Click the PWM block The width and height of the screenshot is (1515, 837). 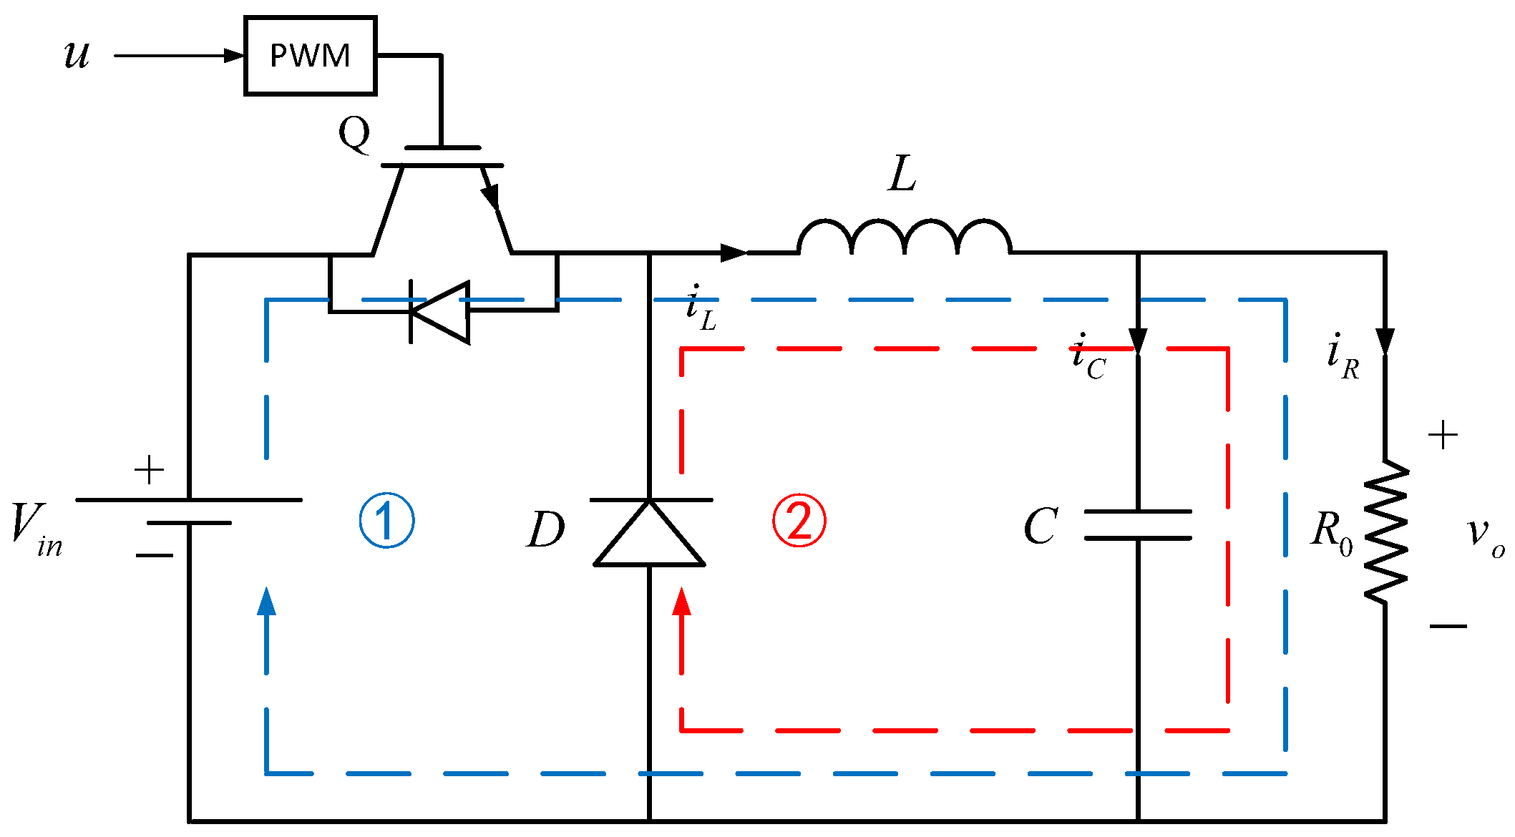click(x=310, y=56)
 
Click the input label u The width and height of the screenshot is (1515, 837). click(x=77, y=54)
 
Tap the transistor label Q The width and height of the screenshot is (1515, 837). click(x=354, y=133)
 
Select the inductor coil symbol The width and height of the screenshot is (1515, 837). click(x=904, y=238)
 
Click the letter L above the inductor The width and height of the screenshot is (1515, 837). click(x=902, y=174)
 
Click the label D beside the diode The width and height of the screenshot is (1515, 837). click(x=545, y=530)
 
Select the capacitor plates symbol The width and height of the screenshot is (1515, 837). click(x=1137, y=525)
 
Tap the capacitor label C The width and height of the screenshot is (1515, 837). click(x=1040, y=527)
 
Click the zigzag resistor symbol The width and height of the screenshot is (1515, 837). click(x=1385, y=531)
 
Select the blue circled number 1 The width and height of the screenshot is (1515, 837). click(x=386, y=520)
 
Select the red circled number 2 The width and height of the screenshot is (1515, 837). click(x=799, y=520)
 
